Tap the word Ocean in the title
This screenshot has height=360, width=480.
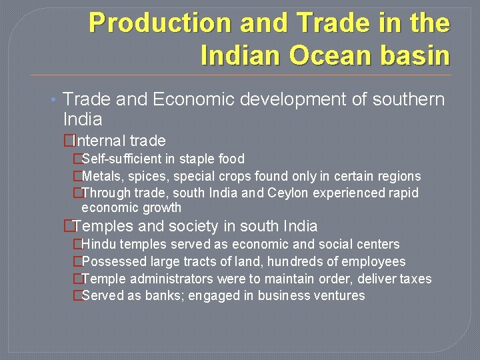click(328, 55)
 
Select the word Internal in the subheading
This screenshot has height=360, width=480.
click(99, 141)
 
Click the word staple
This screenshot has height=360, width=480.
click(200, 159)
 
